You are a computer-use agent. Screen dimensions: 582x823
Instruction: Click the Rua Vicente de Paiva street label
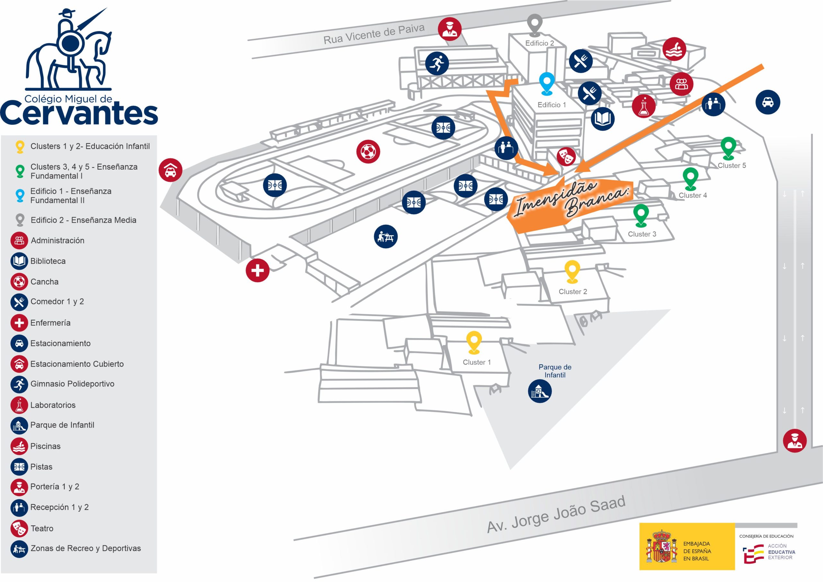[374, 34]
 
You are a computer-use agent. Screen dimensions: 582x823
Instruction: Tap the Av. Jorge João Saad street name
[556, 514]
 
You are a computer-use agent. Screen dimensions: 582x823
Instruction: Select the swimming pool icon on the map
[674, 49]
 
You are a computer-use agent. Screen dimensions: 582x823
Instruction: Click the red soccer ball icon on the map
[368, 152]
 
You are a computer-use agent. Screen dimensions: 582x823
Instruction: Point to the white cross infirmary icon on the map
[258, 270]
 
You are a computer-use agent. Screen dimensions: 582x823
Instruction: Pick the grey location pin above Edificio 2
[534, 24]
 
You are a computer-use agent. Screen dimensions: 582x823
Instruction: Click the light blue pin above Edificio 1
[547, 83]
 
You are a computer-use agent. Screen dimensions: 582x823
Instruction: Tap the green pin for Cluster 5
[728, 147]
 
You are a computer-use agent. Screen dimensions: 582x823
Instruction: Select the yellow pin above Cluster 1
[474, 342]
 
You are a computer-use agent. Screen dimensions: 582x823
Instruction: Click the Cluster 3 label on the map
[642, 234]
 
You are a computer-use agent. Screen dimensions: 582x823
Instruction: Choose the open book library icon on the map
[602, 119]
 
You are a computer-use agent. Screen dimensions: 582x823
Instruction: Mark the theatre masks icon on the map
[566, 156]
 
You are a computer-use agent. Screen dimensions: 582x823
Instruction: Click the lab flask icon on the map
[644, 106]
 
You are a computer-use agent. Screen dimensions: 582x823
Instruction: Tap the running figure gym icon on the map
[437, 63]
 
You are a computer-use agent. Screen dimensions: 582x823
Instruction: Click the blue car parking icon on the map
[768, 102]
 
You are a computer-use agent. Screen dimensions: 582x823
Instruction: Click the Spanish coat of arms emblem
[662, 546]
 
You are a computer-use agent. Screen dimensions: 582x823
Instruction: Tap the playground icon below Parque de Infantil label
[539, 391]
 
